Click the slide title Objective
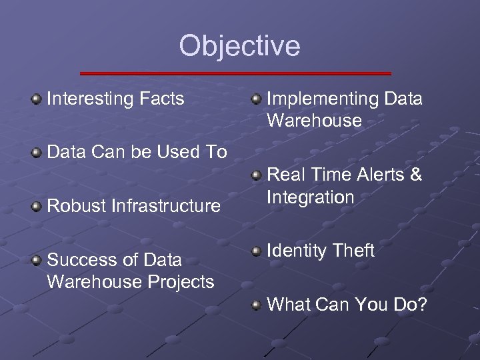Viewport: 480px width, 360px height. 239,46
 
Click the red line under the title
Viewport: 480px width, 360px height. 235,73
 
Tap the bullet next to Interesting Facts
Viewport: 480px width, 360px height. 36,99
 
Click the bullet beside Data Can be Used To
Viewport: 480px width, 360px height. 36,153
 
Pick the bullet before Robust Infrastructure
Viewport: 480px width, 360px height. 36,206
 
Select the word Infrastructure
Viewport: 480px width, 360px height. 167,206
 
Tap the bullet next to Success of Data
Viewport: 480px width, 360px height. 36,259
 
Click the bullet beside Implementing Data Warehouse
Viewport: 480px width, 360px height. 256,99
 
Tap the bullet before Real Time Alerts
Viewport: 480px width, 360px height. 256,175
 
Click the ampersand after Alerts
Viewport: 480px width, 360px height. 416,175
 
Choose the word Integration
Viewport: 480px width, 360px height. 310,197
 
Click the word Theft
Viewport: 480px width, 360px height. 353,251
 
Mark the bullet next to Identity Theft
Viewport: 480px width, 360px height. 256,251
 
